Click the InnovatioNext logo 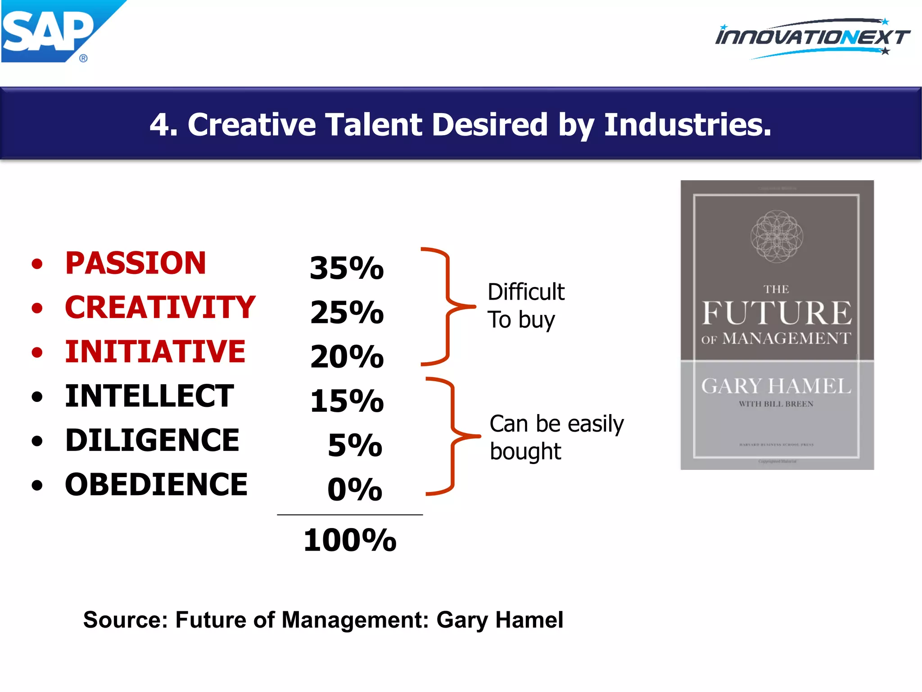[x=813, y=38]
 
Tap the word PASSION [x=136, y=263]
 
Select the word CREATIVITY [x=160, y=307]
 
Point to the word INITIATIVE [x=155, y=351]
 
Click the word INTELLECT [x=149, y=396]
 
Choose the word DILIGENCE [x=152, y=440]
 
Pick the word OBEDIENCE [x=156, y=485]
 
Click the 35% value [x=347, y=268]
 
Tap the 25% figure [x=347, y=312]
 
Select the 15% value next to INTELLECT [x=347, y=401]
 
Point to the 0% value [x=355, y=489]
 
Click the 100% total [x=350, y=540]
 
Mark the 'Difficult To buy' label [x=526, y=305]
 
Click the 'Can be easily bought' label [x=556, y=437]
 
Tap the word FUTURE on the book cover [x=777, y=313]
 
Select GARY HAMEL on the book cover [x=776, y=386]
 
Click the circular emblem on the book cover [x=777, y=236]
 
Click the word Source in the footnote [x=125, y=620]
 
